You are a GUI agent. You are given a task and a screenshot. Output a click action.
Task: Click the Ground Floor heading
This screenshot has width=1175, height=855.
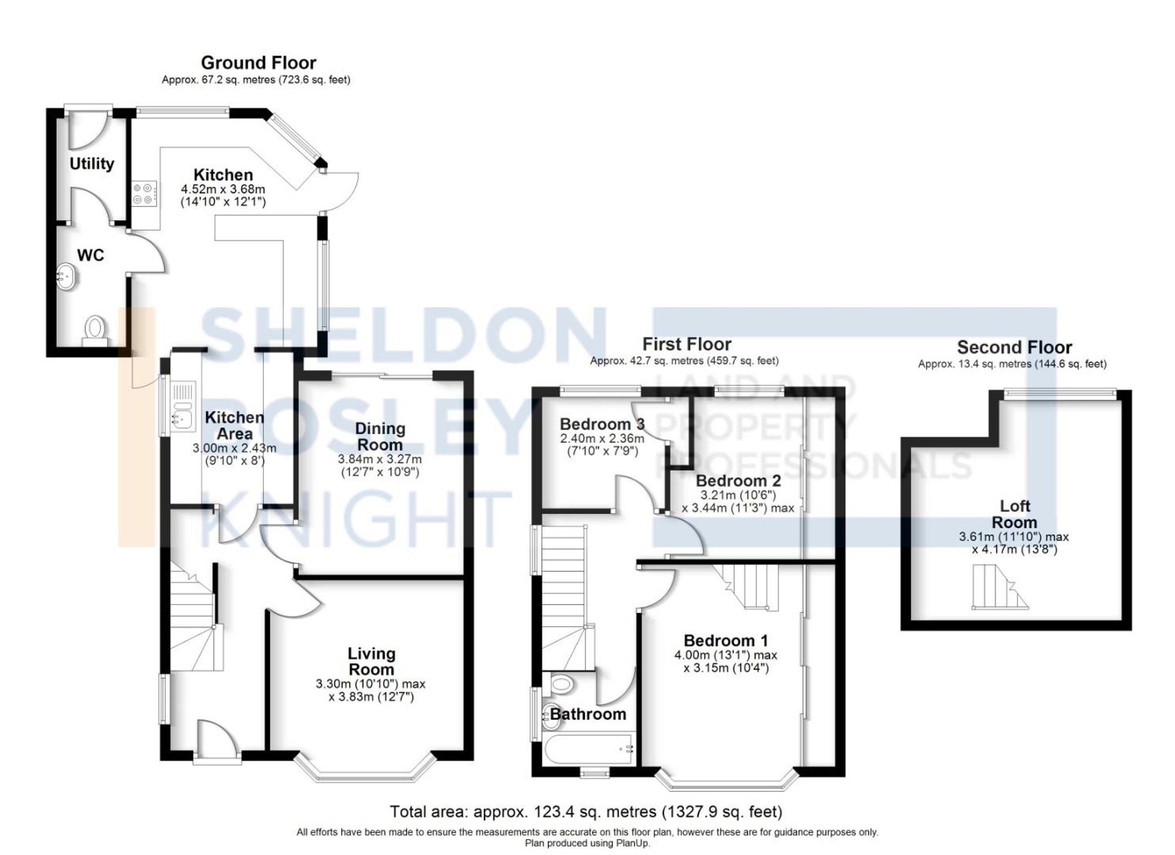click(x=258, y=63)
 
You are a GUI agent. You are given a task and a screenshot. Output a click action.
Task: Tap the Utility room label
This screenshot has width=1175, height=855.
click(x=92, y=163)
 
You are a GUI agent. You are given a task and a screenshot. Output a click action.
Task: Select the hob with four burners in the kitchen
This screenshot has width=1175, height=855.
click(x=145, y=194)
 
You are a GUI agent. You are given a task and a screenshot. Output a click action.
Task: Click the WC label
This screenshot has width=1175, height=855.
click(x=90, y=255)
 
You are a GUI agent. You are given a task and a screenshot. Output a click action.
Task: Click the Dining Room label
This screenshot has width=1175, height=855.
click(x=380, y=437)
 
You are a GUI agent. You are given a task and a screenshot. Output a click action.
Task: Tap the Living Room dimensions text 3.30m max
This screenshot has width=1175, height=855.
click(x=370, y=684)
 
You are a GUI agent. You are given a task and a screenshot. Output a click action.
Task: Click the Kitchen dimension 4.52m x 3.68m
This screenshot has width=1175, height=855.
click(x=223, y=189)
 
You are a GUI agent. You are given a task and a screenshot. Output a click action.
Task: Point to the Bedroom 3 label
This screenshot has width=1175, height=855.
click(x=602, y=424)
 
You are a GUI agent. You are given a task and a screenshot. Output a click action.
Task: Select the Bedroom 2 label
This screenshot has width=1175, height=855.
click(x=738, y=481)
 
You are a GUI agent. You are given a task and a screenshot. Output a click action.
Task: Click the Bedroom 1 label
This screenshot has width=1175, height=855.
click(x=726, y=640)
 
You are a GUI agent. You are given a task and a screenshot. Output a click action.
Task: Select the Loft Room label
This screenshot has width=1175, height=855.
click(x=1014, y=514)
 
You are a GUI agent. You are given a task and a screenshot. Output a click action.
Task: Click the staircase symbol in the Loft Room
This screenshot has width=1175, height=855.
click(x=998, y=587)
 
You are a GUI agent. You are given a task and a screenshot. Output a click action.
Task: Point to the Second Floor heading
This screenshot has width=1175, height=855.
click(x=1014, y=347)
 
